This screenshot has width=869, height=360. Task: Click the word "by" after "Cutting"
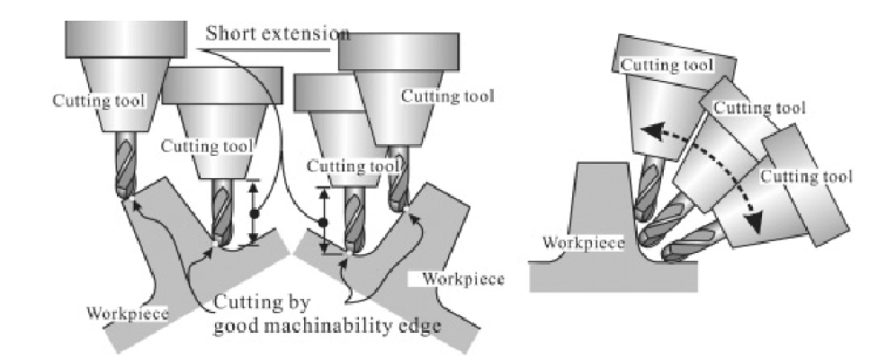pyautogui.click(x=297, y=303)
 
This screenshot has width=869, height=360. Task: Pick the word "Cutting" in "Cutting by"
pyautogui.click(x=246, y=303)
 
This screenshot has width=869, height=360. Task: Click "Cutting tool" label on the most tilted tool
pyautogui.click(x=806, y=177)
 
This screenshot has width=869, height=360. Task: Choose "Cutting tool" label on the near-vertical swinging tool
pyautogui.click(x=667, y=64)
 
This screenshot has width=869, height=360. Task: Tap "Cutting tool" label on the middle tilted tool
pyautogui.click(x=758, y=108)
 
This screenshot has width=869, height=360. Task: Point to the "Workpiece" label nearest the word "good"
pyautogui.click(x=128, y=313)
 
